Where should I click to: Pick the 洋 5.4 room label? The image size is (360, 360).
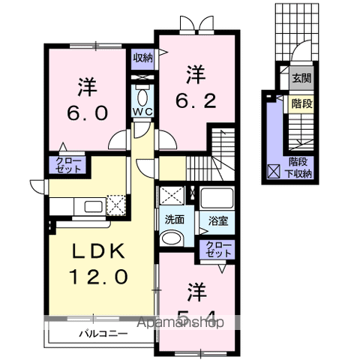coord(194,298)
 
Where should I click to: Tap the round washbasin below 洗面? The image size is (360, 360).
coord(171,238)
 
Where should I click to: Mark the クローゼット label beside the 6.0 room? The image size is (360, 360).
coord(66,164)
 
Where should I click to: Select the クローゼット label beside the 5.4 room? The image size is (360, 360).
coord(218,249)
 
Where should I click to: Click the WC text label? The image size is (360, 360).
coord(142,112)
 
